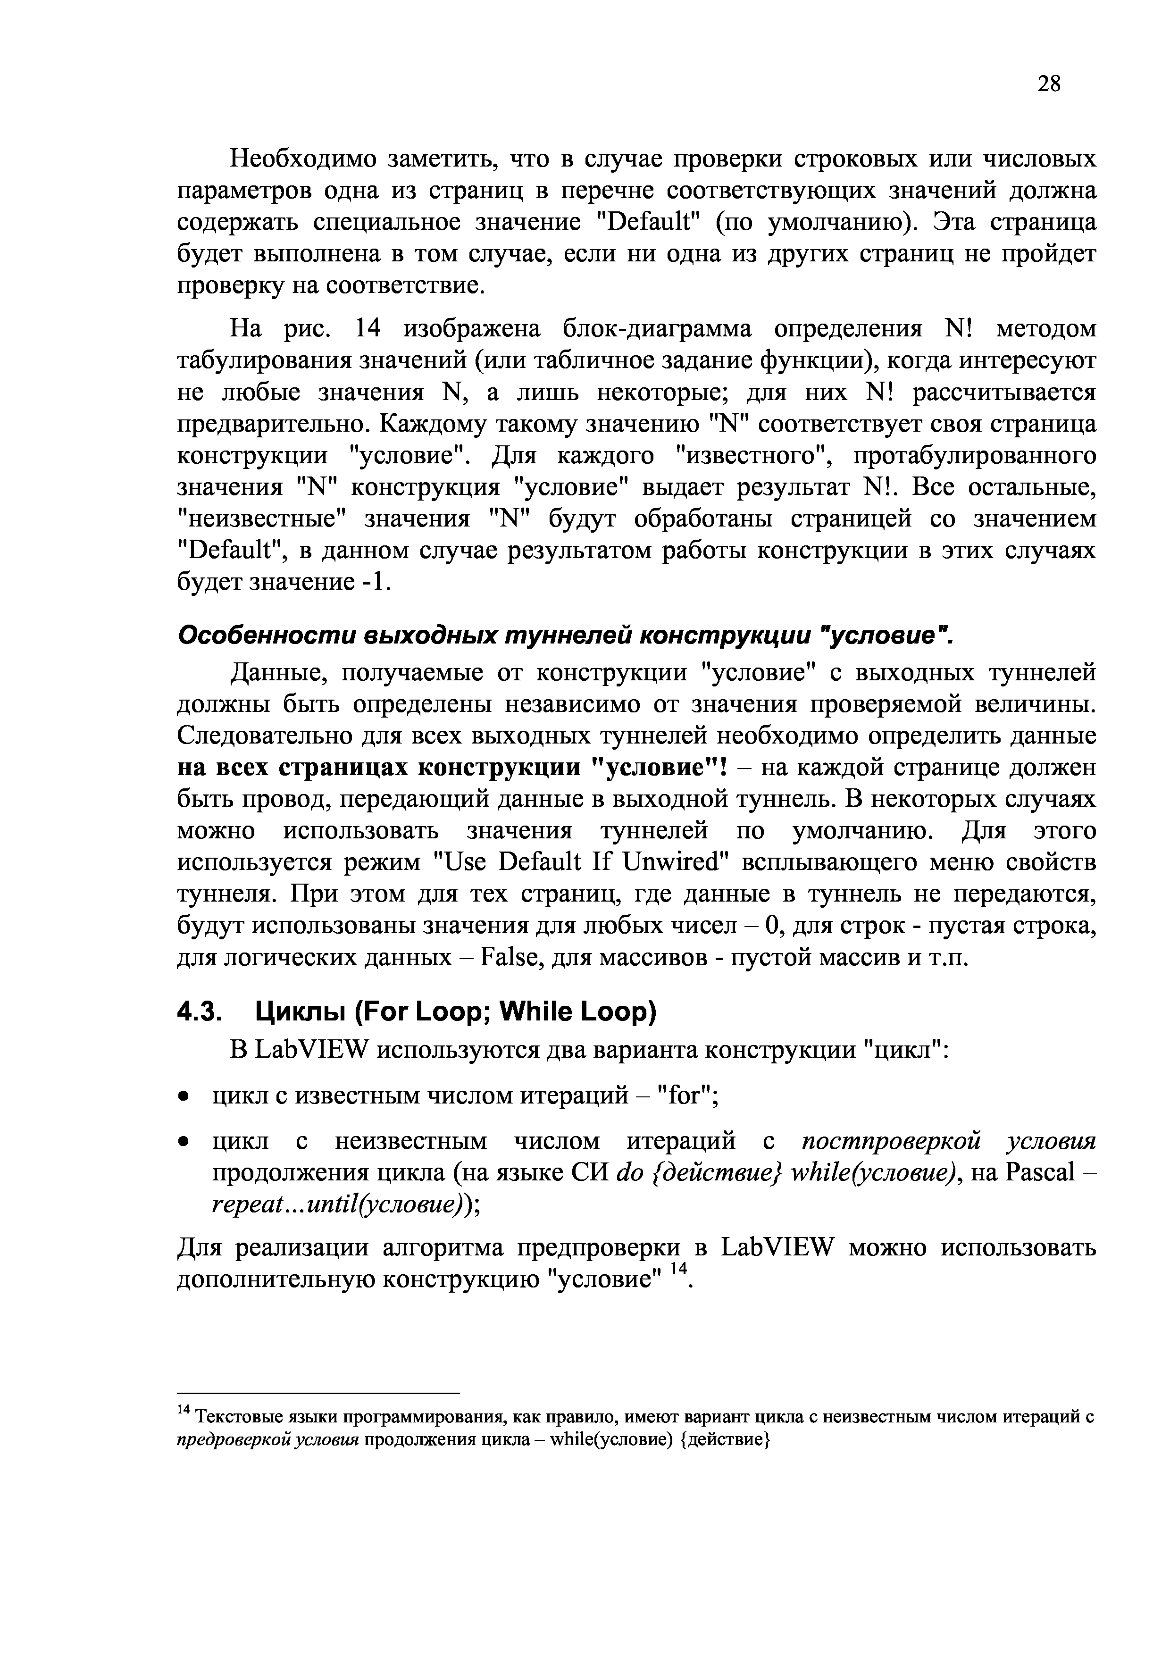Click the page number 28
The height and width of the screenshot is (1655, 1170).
[1049, 84]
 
